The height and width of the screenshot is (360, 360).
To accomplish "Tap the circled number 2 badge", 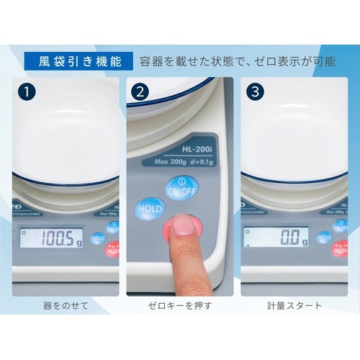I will [140, 91].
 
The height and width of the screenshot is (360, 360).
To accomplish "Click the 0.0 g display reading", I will [274, 238].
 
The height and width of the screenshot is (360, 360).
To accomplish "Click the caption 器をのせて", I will [66, 305].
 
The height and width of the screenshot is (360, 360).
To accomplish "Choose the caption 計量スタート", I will [292, 305].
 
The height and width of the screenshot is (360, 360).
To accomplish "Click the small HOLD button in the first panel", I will [98, 238].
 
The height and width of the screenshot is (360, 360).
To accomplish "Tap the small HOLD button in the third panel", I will [323, 238].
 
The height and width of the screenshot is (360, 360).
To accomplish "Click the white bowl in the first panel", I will [65, 130].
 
